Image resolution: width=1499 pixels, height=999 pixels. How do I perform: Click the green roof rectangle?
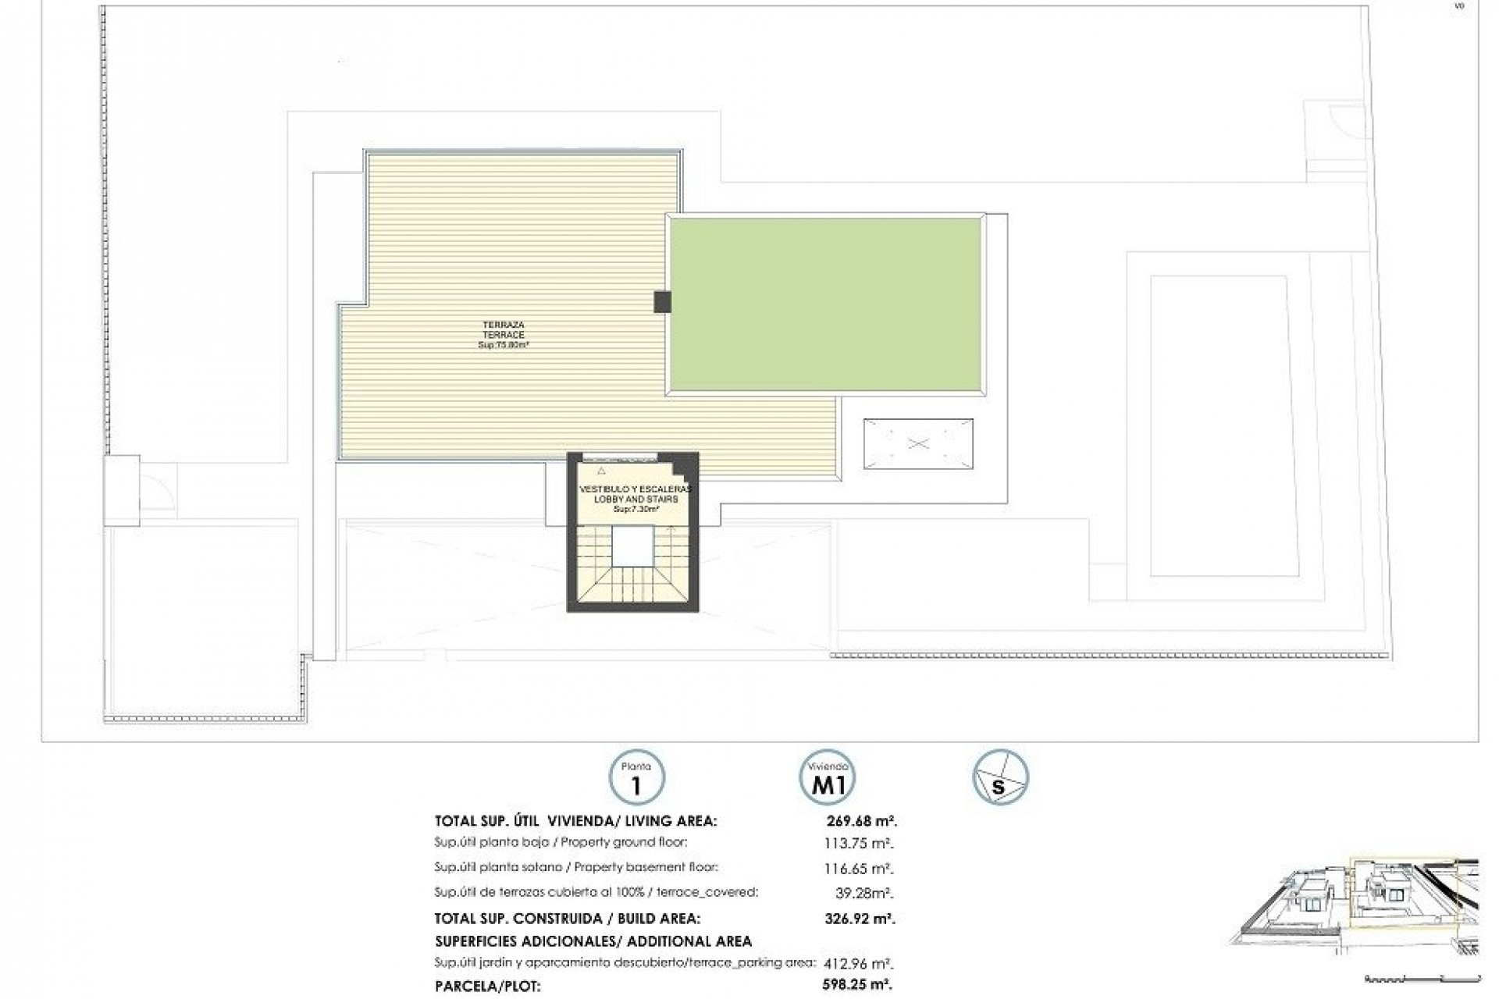click(x=825, y=304)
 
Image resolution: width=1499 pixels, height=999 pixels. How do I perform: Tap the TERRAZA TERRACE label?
click(x=503, y=329)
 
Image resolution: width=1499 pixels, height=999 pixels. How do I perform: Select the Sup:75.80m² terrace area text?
click(x=504, y=345)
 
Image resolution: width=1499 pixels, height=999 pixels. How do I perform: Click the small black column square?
click(x=662, y=302)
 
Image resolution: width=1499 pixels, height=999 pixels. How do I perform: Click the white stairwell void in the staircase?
click(x=632, y=546)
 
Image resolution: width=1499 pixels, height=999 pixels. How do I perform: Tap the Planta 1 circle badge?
click(x=636, y=777)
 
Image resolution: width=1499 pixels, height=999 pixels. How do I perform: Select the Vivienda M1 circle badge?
click(x=827, y=777)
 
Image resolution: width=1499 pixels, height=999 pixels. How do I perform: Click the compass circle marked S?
click(x=1000, y=777)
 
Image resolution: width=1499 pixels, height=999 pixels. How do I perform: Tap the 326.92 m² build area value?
click(x=860, y=919)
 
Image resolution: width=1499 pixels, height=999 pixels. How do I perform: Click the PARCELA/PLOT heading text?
click(x=487, y=986)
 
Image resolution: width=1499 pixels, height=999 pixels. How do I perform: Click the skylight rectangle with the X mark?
click(x=918, y=444)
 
